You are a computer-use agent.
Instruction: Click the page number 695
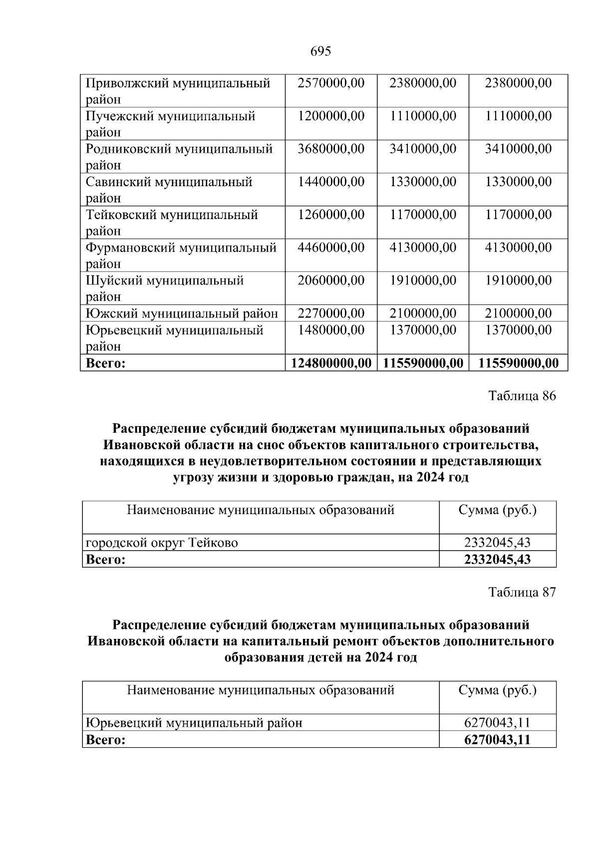(x=320, y=51)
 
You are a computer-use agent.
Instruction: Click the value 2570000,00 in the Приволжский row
(x=331, y=83)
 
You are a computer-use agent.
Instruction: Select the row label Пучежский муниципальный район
(x=170, y=124)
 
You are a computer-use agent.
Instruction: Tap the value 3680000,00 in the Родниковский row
(x=331, y=149)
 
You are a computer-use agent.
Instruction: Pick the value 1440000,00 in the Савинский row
(x=331, y=182)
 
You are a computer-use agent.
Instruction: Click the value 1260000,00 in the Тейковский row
(x=331, y=215)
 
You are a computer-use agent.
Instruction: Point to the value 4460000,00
(x=331, y=248)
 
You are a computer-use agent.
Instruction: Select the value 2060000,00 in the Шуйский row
(x=331, y=281)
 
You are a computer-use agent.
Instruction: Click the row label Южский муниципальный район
(x=182, y=313)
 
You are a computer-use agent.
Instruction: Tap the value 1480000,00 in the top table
(x=331, y=330)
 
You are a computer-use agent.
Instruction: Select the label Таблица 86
(x=522, y=396)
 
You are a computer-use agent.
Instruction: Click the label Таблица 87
(x=522, y=592)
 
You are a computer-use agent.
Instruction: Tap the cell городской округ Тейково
(x=162, y=543)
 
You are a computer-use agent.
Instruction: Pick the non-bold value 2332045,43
(x=497, y=543)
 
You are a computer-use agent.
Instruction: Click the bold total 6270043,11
(x=497, y=740)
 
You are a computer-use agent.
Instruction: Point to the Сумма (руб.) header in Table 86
(x=497, y=510)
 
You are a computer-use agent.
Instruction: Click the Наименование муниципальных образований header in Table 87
(x=261, y=690)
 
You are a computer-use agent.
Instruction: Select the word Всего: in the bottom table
(x=105, y=740)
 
